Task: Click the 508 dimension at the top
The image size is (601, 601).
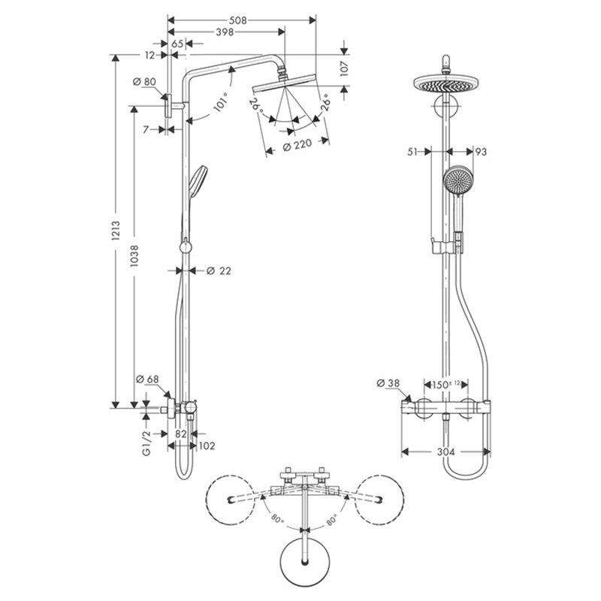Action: point(239,20)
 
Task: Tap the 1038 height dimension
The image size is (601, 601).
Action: point(134,258)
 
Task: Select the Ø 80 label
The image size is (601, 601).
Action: point(143,82)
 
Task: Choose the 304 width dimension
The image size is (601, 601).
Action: point(447,452)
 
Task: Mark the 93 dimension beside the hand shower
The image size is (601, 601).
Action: point(482,152)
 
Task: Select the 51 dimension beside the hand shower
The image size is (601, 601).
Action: point(412,152)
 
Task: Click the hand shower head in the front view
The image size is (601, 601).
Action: point(456,180)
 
